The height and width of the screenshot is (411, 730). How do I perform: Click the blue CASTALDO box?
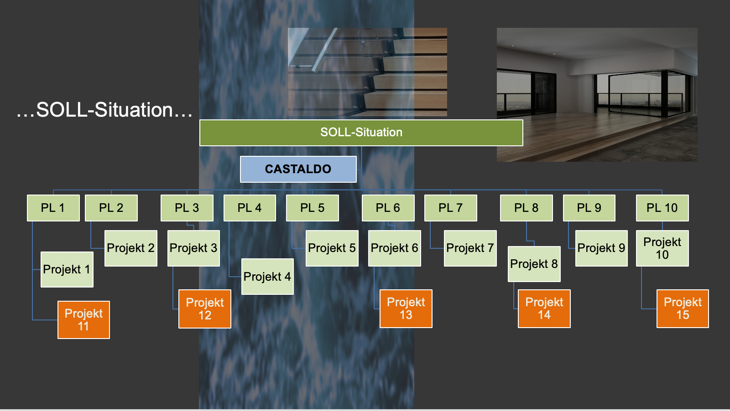click(298, 169)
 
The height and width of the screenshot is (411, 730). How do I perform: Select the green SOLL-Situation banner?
click(361, 133)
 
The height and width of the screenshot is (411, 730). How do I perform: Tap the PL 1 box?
click(53, 208)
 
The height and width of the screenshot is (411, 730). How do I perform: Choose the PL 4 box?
click(250, 208)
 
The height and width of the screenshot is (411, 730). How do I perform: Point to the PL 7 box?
click(450, 208)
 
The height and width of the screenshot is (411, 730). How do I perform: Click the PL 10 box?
click(662, 208)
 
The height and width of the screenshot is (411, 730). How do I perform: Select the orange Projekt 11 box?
click(83, 319)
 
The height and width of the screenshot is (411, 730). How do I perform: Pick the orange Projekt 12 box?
click(204, 308)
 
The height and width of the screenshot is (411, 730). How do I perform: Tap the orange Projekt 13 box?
click(406, 308)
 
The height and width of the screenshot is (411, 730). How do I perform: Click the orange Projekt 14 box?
click(544, 308)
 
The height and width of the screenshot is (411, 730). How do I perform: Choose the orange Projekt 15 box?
click(683, 308)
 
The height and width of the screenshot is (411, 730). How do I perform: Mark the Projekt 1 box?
click(67, 269)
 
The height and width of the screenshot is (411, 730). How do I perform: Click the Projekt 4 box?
click(267, 277)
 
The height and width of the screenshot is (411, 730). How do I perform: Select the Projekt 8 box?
click(534, 264)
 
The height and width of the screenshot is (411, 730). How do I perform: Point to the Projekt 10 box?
click(662, 248)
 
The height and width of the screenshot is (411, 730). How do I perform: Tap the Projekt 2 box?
click(130, 248)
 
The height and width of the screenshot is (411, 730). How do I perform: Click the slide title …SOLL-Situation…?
click(104, 110)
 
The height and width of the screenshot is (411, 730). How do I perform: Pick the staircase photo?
click(367, 72)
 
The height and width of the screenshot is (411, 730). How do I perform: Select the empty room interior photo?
click(597, 94)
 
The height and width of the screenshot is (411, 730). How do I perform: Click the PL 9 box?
click(589, 208)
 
